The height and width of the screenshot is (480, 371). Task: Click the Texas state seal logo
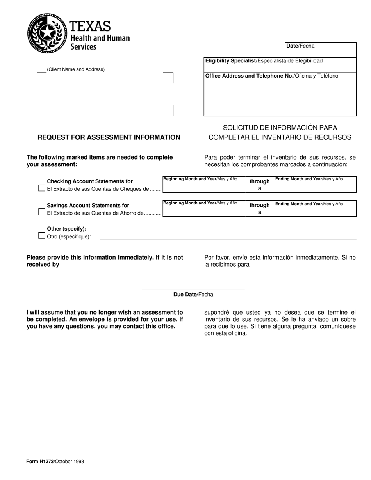[x=47, y=33]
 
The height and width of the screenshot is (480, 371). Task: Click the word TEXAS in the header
[x=90, y=27]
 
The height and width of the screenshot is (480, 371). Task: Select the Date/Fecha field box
[x=321, y=50]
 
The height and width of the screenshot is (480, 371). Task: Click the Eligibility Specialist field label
[x=230, y=61]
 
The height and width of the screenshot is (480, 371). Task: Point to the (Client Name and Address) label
[x=76, y=69]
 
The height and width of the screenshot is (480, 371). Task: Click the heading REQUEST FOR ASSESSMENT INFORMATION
[x=109, y=137]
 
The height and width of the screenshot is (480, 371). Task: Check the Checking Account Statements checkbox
[x=42, y=188]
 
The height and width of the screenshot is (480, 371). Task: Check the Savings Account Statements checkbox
[x=42, y=212]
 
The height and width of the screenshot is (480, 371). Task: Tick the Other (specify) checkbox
[x=42, y=236]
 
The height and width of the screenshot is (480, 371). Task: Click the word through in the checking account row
[x=259, y=181]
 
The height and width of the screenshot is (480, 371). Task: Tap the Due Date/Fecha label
[x=193, y=295]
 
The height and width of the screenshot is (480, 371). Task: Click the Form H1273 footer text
[x=55, y=461]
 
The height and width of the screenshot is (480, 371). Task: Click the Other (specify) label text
[x=67, y=229]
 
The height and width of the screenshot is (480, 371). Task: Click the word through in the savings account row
[x=259, y=205]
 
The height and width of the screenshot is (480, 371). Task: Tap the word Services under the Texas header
[x=83, y=47]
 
